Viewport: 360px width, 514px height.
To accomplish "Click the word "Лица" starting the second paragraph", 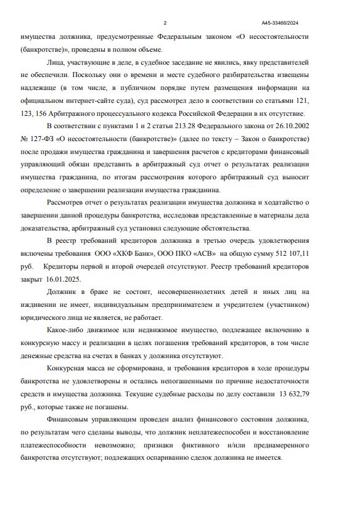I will coord(57,62).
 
